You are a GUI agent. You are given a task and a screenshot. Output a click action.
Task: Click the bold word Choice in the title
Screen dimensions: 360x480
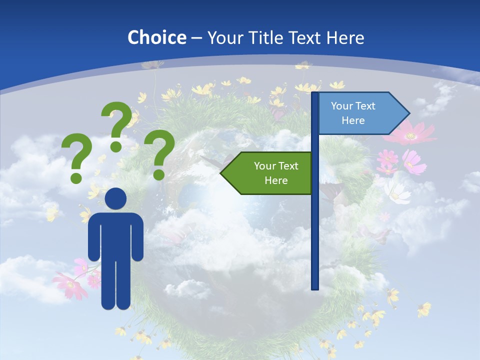point(156,37)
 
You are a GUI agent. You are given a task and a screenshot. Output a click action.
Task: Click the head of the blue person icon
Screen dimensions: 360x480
point(116,198)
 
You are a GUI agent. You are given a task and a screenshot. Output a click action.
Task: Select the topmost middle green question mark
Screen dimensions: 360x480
point(117,125)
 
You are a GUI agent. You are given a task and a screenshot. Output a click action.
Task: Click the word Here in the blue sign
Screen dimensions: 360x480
point(353,120)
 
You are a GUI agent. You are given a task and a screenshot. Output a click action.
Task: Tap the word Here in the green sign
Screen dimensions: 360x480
point(276,180)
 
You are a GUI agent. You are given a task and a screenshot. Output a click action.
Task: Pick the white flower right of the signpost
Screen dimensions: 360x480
point(397,192)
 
